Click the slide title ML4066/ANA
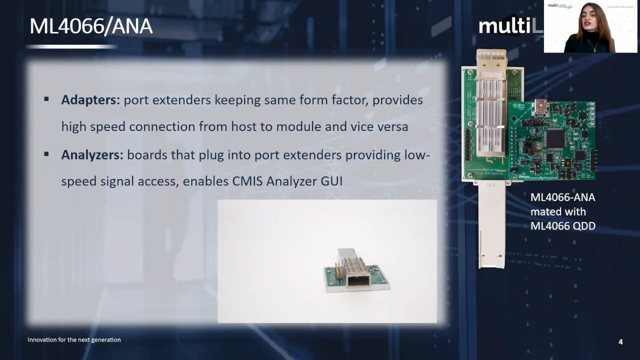click(x=90, y=26)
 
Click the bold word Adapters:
click(x=90, y=100)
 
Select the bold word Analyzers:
click(x=92, y=155)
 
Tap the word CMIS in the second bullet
click(x=247, y=181)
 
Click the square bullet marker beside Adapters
click(x=46, y=99)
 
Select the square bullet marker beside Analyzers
click(x=46, y=154)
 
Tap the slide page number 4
click(x=620, y=342)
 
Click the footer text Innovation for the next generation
click(x=74, y=340)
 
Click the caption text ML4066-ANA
click(x=562, y=197)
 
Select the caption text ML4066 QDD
click(x=562, y=226)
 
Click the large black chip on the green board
click(x=555, y=137)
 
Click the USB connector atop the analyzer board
click(x=541, y=105)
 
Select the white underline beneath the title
click(x=71, y=46)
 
